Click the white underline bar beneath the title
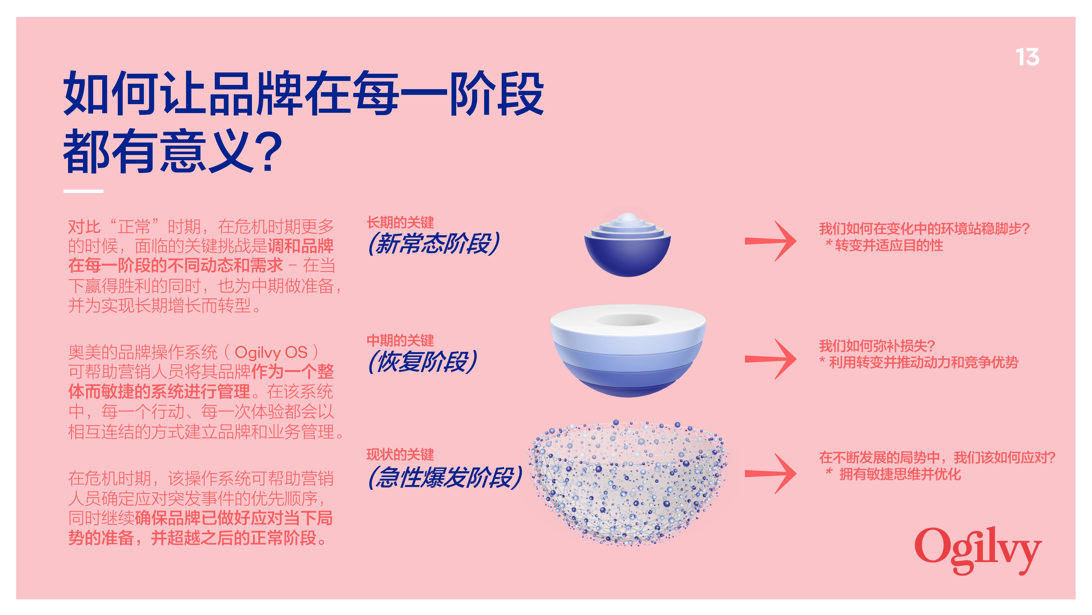[83, 191]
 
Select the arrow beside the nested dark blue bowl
[771, 241]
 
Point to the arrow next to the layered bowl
[771, 359]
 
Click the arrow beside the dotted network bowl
[771, 473]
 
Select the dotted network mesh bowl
[627, 483]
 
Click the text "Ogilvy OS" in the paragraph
[271, 352]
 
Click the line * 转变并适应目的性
[884, 245]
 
